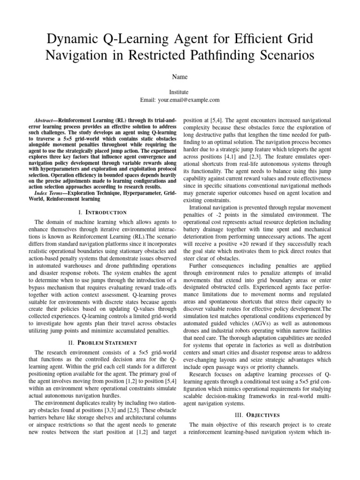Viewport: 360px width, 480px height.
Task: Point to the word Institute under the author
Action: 180,93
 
